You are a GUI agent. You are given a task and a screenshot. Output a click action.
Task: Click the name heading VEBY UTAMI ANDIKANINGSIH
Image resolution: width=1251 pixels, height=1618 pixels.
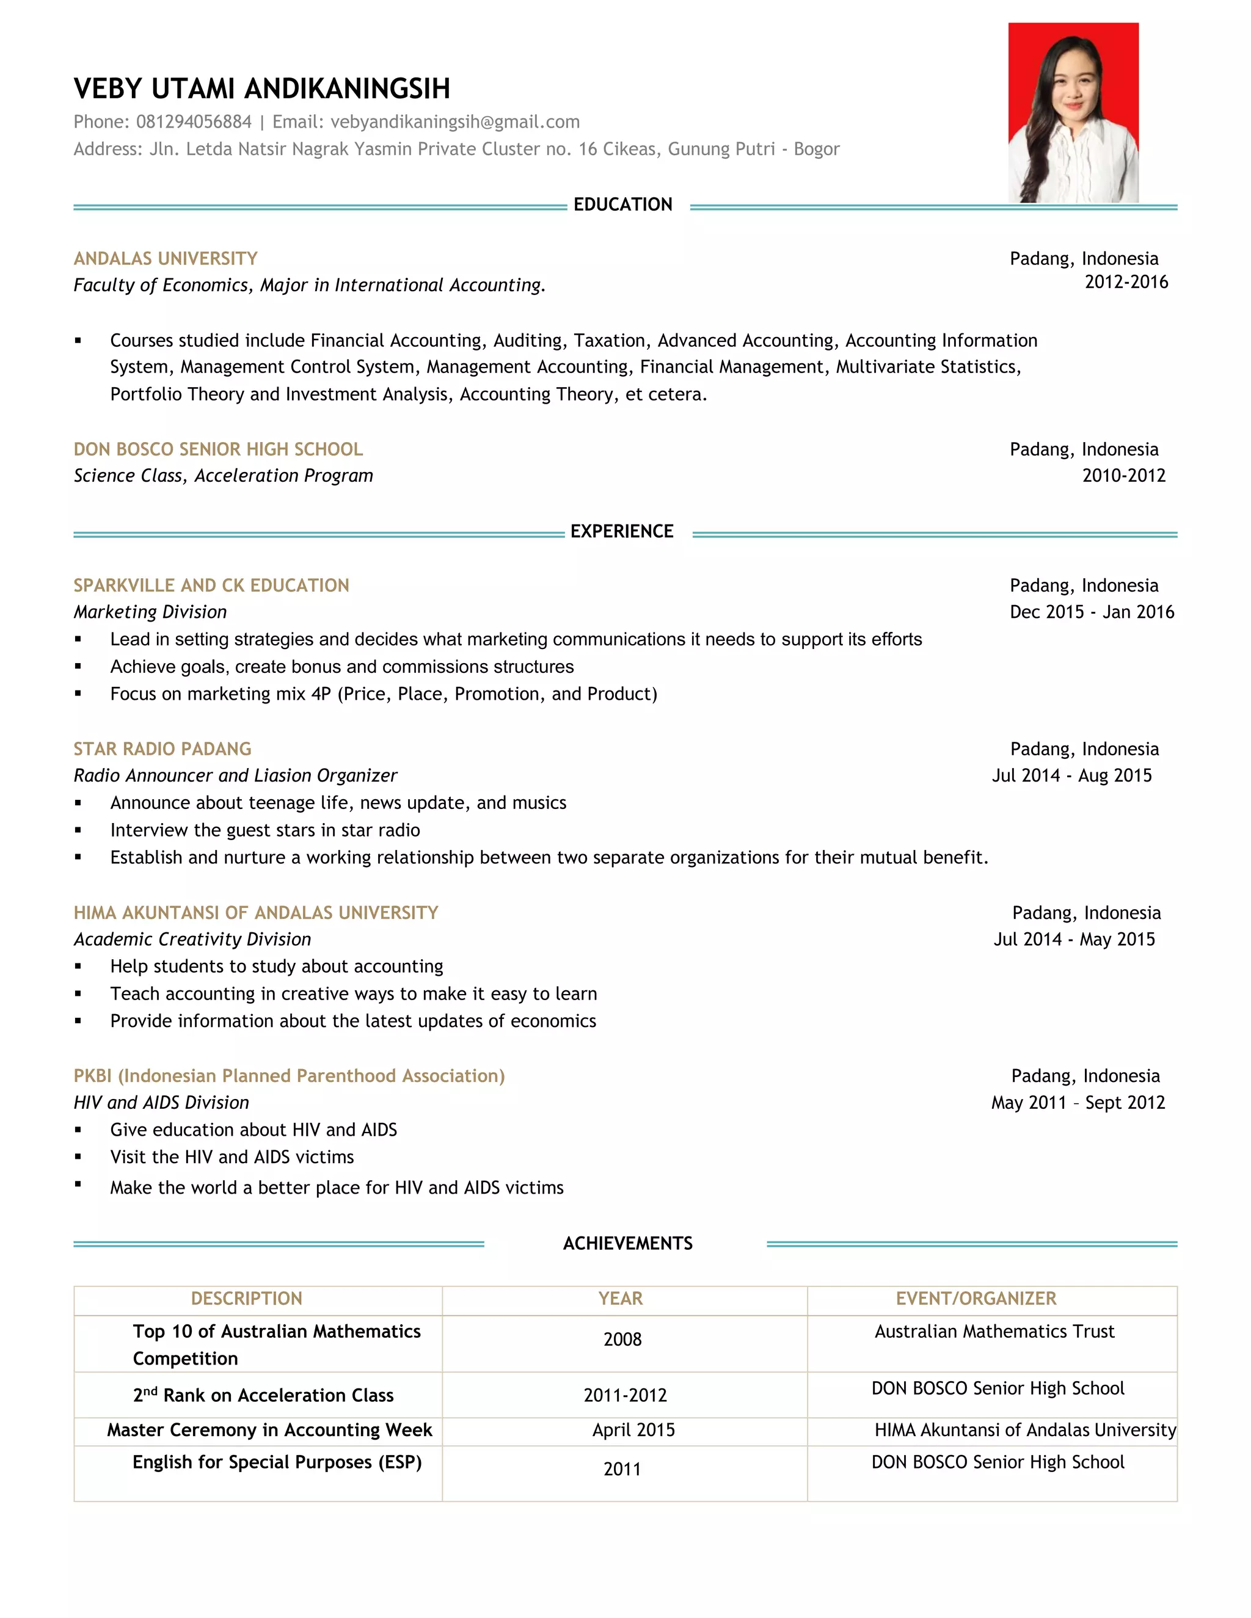point(261,89)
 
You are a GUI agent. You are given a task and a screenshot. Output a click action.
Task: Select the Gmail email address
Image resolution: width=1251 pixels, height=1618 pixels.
point(454,122)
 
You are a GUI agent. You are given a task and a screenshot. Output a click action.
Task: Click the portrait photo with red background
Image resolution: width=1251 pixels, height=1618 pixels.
point(1073,112)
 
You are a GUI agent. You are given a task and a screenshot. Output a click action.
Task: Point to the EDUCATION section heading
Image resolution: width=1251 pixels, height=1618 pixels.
point(622,205)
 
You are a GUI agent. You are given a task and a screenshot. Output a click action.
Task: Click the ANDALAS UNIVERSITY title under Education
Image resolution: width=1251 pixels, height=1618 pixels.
point(166,258)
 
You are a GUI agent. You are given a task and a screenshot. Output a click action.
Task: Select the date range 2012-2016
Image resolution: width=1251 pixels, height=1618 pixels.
point(1126,282)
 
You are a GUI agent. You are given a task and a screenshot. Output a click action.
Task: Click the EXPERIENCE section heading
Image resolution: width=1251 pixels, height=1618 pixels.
point(622,532)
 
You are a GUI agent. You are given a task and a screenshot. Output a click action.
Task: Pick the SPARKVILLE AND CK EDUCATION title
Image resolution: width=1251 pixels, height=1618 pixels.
point(211,586)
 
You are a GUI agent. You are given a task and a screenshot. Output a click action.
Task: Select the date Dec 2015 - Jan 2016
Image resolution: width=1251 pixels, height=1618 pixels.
point(1091,612)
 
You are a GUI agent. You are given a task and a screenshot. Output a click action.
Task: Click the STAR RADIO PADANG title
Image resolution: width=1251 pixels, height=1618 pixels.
point(162,749)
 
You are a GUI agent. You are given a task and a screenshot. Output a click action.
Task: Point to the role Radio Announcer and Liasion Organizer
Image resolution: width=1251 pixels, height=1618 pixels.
point(235,775)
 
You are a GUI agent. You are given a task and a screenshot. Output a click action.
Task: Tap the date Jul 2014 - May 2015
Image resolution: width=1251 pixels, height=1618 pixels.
point(1074,940)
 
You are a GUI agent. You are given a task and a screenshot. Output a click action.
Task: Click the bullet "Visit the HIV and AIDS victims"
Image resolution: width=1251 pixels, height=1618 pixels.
point(232,1157)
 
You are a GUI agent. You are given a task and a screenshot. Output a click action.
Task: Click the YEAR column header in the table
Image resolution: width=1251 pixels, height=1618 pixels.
point(621,1299)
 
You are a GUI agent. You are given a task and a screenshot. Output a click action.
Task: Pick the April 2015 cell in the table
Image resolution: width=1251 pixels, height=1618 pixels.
point(633,1431)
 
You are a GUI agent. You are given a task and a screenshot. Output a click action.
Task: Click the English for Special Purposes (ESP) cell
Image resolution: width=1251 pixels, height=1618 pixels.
point(277,1462)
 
